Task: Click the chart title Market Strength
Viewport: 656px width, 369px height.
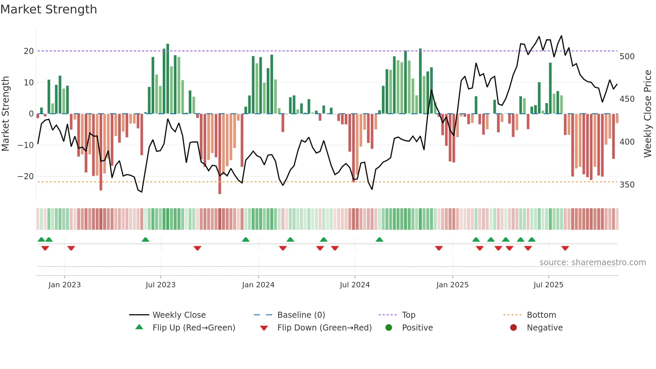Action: (49, 9)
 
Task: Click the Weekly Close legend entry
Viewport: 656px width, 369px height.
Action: (179, 315)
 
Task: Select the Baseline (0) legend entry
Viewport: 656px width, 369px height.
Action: (301, 315)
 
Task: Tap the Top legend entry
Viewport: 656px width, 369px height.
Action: (408, 315)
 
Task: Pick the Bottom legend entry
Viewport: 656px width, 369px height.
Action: (541, 315)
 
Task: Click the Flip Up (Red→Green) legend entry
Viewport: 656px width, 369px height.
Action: (193, 327)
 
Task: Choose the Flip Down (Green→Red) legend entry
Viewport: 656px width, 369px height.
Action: (324, 327)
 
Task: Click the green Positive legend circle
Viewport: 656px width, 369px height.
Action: (389, 327)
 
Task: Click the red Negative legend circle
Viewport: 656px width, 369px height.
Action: (513, 327)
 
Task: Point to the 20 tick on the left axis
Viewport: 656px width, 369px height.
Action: (29, 51)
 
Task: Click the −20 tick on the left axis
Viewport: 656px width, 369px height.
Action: (26, 176)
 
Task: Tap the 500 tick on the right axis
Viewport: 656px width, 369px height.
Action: (627, 56)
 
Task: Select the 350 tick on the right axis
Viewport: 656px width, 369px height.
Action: (627, 185)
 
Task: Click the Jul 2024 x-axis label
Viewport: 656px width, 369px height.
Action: (355, 285)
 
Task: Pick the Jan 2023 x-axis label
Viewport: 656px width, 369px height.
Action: (65, 285)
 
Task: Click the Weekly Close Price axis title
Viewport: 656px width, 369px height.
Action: (648, 114)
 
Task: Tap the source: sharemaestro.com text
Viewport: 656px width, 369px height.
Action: (592, 262)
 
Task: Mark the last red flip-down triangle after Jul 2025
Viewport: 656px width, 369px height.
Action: (565, 248)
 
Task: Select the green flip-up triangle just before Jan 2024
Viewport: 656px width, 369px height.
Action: (246, 239)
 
